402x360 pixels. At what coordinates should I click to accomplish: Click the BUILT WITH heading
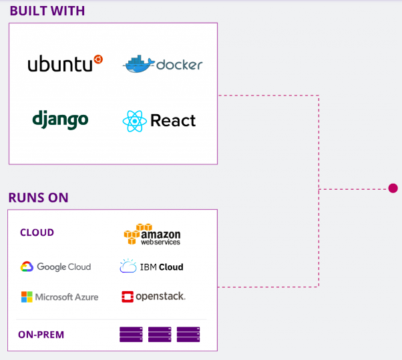[47, 11]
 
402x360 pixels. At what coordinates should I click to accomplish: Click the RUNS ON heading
[38, 198]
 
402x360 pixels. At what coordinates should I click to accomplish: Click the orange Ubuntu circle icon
[98, 59]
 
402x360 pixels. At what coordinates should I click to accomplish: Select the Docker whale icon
[138, 64]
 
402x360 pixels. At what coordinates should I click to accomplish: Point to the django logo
[60, 120]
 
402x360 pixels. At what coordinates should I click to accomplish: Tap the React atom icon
[134, 121]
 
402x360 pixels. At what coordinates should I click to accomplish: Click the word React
[173, 121]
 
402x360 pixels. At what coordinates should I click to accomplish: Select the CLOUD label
[37, 232]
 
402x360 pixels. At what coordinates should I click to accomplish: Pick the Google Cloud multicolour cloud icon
[27, 266]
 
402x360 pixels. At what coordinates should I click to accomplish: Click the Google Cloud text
[63, 266]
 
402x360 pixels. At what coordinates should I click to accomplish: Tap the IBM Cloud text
[161, 266]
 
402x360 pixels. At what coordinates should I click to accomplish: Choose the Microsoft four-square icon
[27, 297]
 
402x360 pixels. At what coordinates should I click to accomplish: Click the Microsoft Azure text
[66, 297]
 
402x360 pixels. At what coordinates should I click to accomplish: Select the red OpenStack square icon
[128, 297]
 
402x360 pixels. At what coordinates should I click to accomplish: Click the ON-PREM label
[40, 334]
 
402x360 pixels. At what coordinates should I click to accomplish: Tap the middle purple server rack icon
[160, 334]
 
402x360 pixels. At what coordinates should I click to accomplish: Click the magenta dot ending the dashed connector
[393, 188]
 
